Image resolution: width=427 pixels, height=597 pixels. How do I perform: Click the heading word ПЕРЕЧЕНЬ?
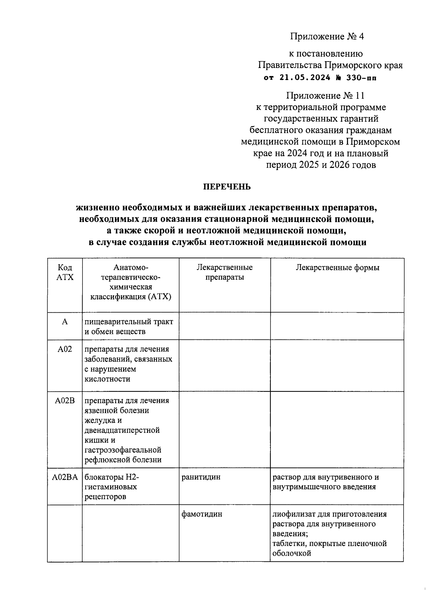pos(227,187)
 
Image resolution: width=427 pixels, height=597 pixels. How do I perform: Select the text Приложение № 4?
pos(327,37)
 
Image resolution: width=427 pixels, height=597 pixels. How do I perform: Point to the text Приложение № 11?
pos(325,96)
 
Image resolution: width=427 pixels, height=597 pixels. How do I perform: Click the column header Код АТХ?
pos(65,272)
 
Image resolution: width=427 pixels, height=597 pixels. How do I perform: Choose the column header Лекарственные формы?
pos(337,268)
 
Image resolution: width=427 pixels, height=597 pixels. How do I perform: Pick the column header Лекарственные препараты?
pos(225,272)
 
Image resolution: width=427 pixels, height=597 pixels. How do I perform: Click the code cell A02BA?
pos(65,477)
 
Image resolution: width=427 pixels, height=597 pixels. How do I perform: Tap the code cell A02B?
pos(65,401)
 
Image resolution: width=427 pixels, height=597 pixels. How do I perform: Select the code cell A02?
pos(65,349)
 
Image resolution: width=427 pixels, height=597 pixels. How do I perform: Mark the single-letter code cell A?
pos(65,322)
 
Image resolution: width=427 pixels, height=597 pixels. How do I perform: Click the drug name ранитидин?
pos(201,477)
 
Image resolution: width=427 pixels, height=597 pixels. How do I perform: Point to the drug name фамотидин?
pos(202,514)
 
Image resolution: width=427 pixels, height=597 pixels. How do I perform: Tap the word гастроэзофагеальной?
pos(123,450)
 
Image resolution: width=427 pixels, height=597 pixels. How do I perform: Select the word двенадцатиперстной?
pos(122,430)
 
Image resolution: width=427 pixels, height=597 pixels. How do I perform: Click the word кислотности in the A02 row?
pos(107,379)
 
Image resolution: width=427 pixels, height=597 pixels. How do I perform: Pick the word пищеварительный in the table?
pos(112,322)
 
